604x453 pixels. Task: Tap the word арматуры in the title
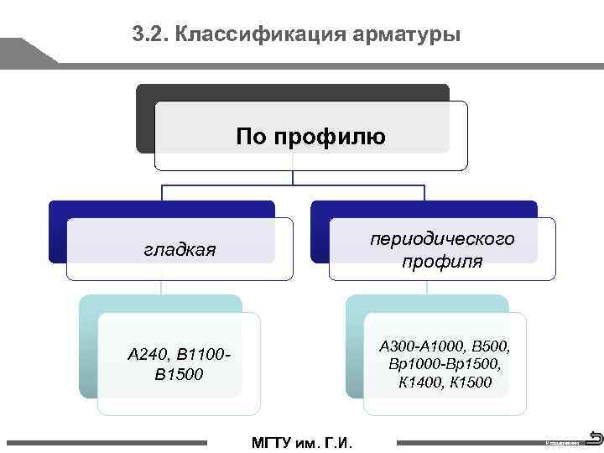coord(409,34)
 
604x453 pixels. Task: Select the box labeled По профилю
coord(310,136)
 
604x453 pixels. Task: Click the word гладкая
coord(180,249)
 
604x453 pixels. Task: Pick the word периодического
coord(442,239)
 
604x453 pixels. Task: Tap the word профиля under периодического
coord(442,262)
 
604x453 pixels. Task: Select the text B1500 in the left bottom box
coord(179,374)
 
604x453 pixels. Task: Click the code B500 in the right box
coord(492,346)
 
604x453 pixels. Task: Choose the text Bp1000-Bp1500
coord(445,364)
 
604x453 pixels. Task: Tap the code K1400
coord(419,383)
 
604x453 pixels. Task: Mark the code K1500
coord(471,383)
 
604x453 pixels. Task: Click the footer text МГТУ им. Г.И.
coord(302,443)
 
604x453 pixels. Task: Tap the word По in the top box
coord(251,136)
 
